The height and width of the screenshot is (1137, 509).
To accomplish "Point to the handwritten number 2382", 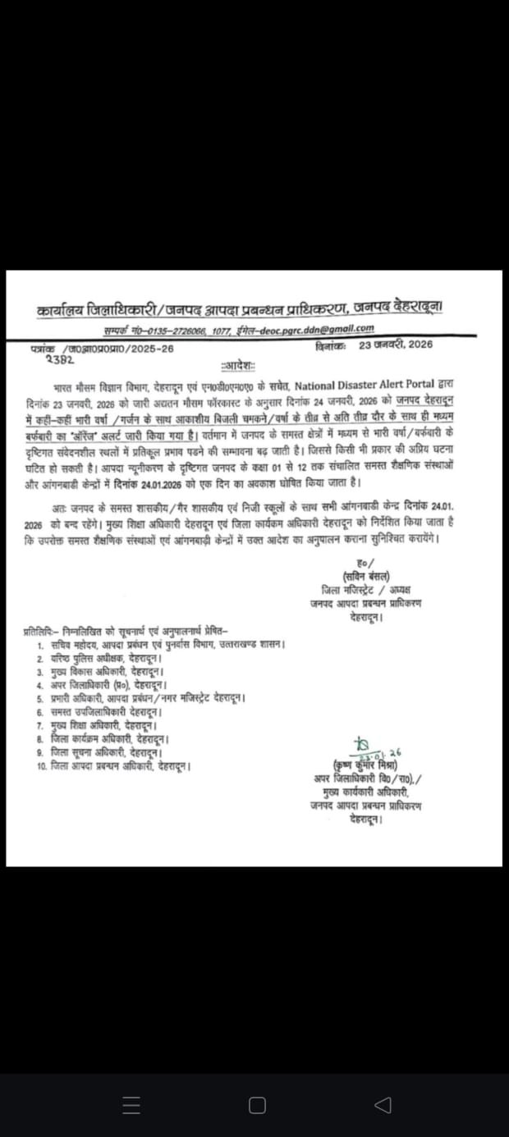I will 60,359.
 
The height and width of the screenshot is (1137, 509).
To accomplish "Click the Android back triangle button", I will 382,1105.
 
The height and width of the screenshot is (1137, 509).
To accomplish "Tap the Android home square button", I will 257,1105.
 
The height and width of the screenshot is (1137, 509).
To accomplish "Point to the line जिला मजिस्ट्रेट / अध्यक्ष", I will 366,589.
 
